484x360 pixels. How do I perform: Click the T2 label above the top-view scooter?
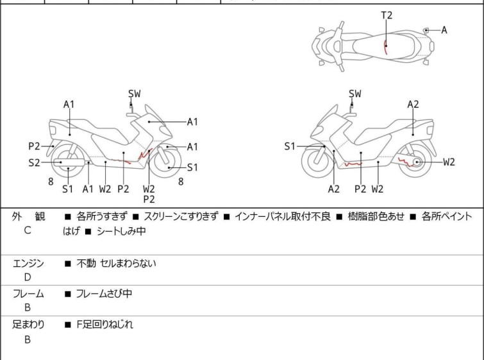[x=387, y=15]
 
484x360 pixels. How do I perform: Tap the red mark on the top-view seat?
[x=385, y=47]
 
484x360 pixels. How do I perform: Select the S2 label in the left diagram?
[x=34, y=162]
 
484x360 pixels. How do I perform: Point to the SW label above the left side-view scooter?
[x=134, y=93]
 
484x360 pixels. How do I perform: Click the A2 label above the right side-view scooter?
[x=413, y=105]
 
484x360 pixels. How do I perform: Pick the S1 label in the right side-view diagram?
[x=290, y=146]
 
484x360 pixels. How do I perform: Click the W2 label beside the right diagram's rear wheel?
[x=449, y=162]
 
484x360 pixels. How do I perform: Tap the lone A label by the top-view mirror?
[x=444, y=30]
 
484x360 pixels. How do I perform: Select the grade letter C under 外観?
[x=28, y=230]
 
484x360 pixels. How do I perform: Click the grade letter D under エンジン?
[x=28, y=277]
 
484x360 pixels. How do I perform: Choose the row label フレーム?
[x=28, y=293]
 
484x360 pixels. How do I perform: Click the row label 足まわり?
[x=28, y=325]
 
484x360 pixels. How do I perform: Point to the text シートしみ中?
[x=121, y=231]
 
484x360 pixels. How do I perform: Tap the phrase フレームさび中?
[x=104, y=293]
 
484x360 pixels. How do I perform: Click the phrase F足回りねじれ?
[x=104, y=325]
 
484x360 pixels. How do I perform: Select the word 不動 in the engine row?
[x=86, y=263]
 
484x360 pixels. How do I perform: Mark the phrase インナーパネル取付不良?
[x=283, y=216]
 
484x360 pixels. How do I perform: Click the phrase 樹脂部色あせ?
[x=376, y=216]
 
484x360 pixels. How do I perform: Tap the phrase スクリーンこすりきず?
[x=181, y=216]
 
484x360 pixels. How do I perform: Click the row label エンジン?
[x=28, y=263]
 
